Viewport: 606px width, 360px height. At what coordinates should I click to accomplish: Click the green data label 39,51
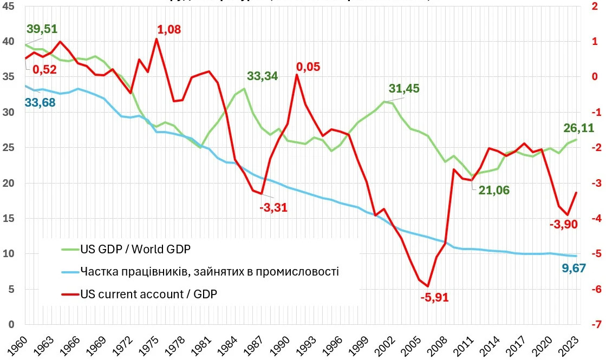point(42,29)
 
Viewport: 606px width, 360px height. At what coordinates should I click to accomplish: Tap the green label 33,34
point(262,76)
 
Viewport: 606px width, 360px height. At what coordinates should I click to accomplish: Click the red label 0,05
point(308,67)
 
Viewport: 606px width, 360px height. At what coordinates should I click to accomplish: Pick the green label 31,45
point(404,89)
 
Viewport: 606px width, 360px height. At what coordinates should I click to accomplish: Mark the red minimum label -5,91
point(434,297)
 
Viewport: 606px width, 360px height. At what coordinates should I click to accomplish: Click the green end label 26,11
point(579,128)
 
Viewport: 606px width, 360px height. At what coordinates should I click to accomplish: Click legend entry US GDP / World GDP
point(135,249)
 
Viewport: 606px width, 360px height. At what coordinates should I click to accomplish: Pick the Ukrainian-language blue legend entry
point(209,271)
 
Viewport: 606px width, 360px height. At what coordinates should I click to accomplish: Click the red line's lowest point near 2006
point(428,286)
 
